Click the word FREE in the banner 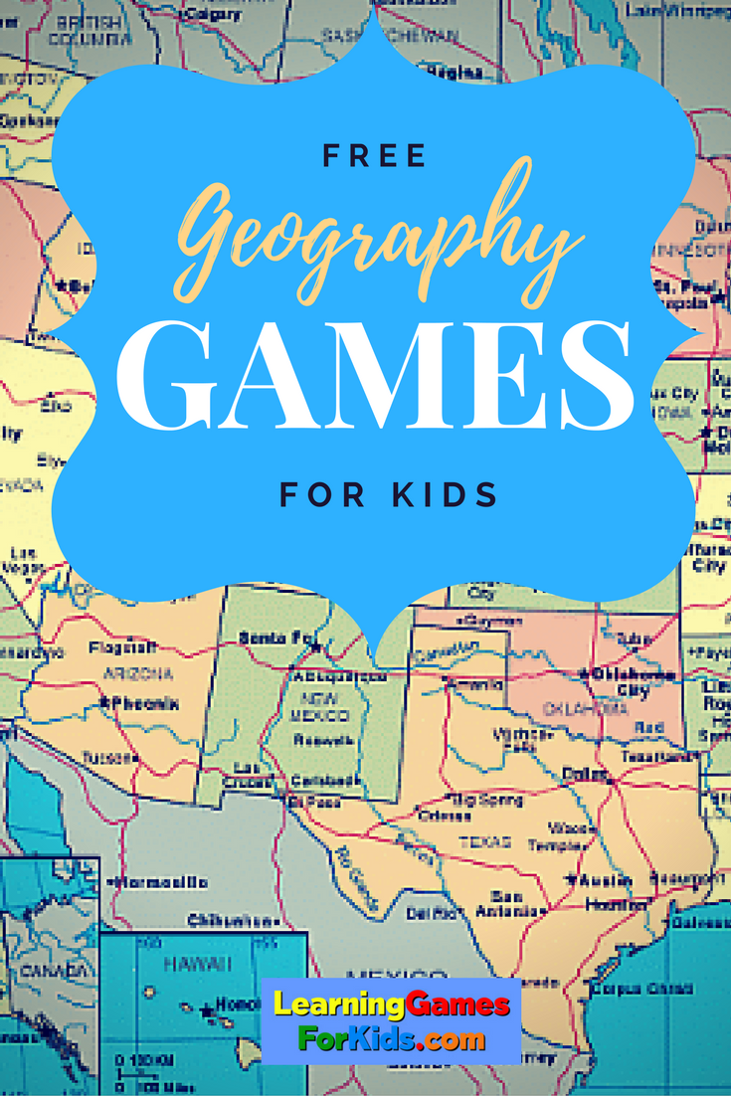[375, 155]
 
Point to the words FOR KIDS [388, 493]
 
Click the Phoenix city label [143, 703]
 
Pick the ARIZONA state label [138, 674]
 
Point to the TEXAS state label [484, 841]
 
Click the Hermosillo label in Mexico [160, 882]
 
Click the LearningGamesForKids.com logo [398, 1020]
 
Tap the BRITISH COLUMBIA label [94, 29]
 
